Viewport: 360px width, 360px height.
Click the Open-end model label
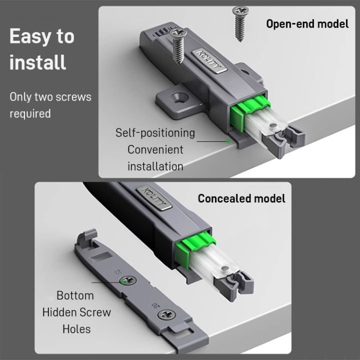[307, 23]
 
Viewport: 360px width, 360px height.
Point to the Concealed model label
[241, 198]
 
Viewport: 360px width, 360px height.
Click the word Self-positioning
[155, 133]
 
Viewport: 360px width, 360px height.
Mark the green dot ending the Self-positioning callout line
[228, 141]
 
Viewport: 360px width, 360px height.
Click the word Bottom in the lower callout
[76, 295]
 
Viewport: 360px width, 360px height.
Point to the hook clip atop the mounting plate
[88, 234]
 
